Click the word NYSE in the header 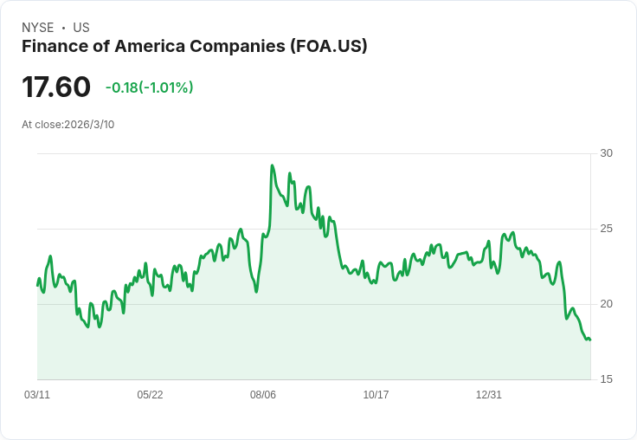tap(37, 28)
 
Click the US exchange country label tap(81, 28)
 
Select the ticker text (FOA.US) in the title tap(329, 46)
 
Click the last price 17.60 tap(56, 87)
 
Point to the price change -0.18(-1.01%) tap(149, 87)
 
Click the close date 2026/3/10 tap(89, 125)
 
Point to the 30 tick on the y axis tap(607, 153)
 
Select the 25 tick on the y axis tap(607, 229)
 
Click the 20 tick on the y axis tap(607, 304)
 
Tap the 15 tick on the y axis tap(607, 379)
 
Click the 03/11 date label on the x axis tap(37, 395)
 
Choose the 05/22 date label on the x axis tap(150, 395)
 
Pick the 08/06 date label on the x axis tap(263, 395)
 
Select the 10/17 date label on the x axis tap(376, 395)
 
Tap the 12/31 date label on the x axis tap(489, 395)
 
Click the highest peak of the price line tap(273, 165)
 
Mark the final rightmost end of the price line tap(590, 340)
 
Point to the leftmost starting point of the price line tap(37, 285)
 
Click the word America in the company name tap(148, 46)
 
